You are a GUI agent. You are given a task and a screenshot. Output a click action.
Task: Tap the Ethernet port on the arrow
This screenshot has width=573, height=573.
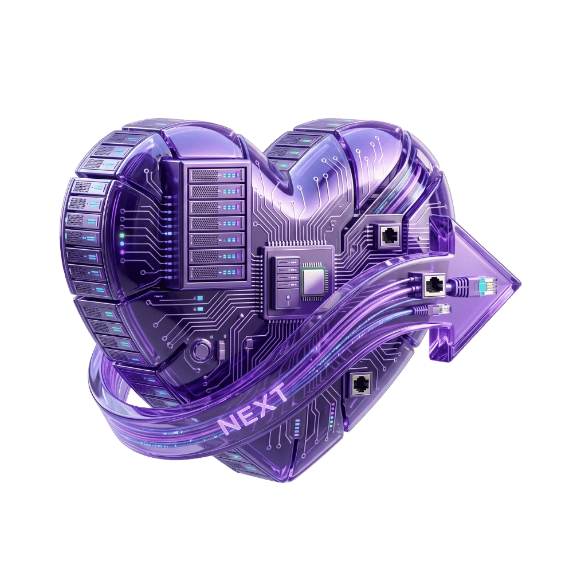[434, 284]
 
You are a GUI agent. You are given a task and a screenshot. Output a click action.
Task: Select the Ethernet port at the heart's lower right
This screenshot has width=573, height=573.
[362, 384]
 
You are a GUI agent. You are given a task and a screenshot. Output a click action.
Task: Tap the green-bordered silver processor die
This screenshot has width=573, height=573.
[313, 282]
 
